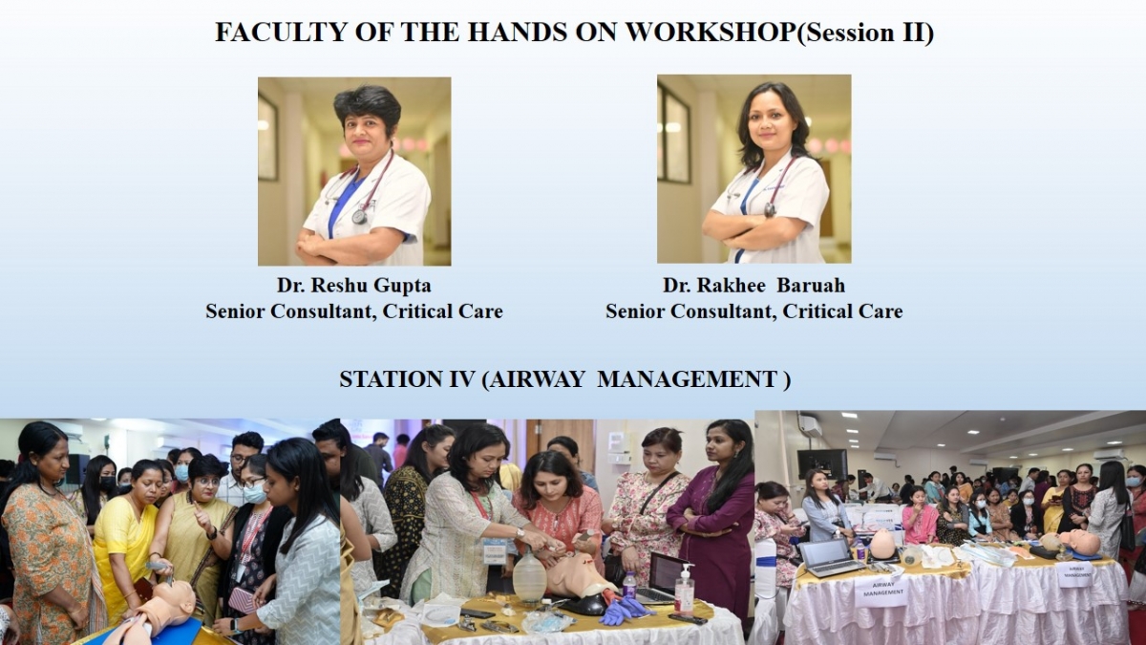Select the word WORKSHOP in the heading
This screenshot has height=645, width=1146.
point(711,32)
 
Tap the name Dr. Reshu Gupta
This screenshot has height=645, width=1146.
point(354,286)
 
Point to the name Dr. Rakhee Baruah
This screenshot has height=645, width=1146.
point(754,286)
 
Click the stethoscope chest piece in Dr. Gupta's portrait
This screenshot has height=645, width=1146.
point(359,216)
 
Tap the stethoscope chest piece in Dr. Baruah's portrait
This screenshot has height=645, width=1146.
point(769,210)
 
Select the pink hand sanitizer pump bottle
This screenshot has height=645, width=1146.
point(684,589)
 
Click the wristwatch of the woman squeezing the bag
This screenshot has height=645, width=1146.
point(520,533)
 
